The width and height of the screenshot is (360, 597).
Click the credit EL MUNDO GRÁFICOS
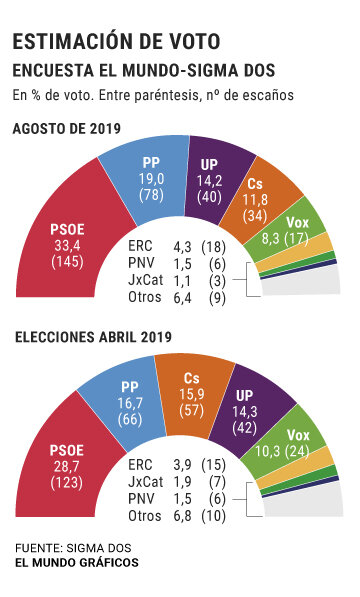coord(77,563)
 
